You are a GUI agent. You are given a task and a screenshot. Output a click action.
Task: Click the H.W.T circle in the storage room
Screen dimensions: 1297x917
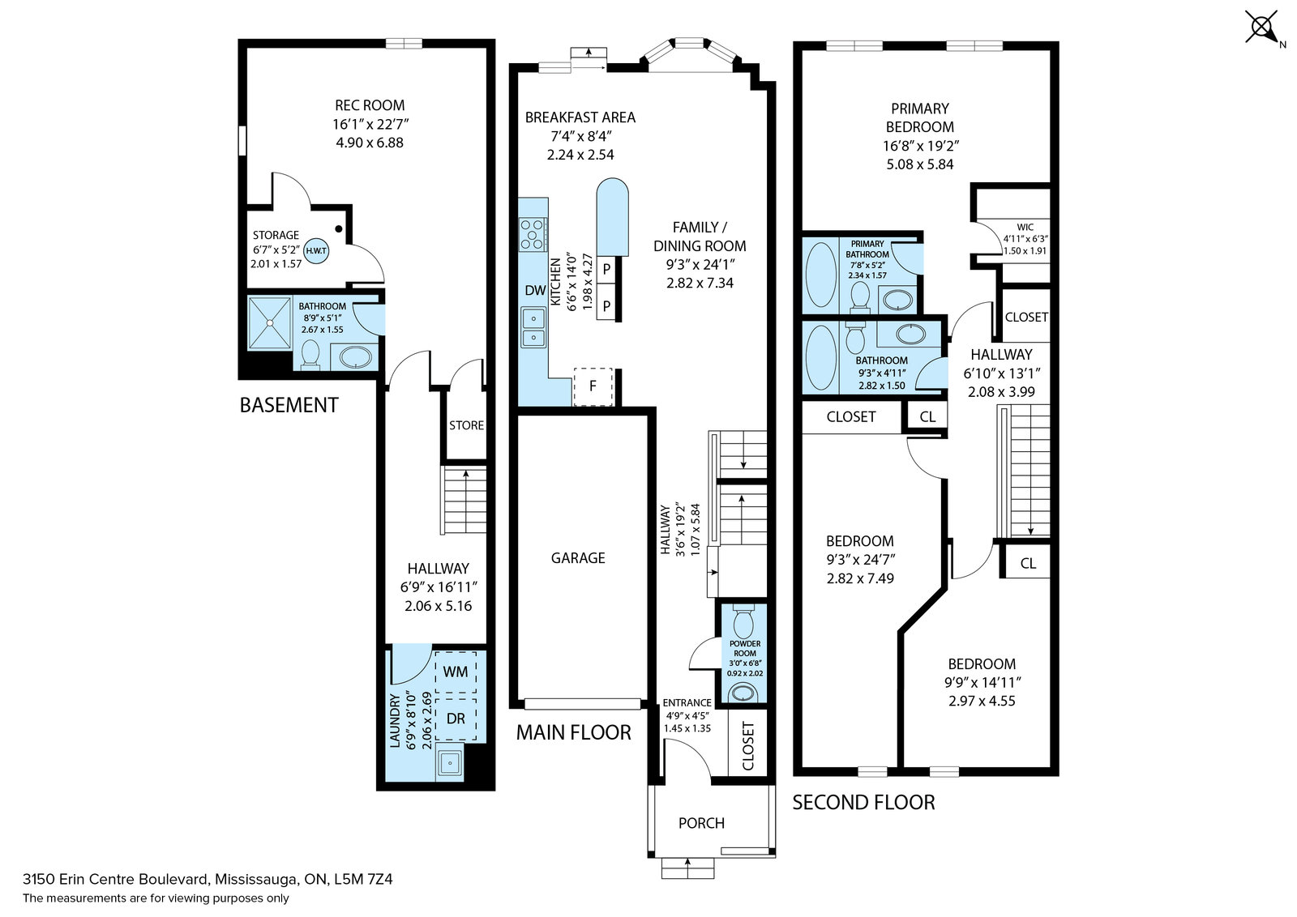click(x=316, y=251)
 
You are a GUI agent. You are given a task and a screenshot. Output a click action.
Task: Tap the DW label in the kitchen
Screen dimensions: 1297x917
click(x=535, y=291)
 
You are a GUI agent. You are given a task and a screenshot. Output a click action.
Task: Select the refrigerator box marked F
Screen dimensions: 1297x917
click(x=593, y=386)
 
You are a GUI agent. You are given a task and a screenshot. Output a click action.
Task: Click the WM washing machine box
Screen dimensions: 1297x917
click(x=456, y=672)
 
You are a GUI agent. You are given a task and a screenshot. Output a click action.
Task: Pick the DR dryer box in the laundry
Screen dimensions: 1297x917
click(x=456, y=719)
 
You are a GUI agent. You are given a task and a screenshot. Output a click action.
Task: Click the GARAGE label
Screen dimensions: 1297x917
click(x=578, y=557)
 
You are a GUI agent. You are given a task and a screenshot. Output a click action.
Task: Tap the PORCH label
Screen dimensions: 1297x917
click(x=701, y=823)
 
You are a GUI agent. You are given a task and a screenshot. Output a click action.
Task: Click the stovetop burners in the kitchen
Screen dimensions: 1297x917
click(x=533, y=234)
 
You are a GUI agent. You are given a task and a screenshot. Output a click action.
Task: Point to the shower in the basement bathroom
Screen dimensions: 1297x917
click(x=269, y=323)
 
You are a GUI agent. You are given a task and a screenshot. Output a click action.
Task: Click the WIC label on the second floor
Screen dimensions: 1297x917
click(x=1025, y=228)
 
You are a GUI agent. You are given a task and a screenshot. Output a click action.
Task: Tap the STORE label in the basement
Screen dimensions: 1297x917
click(x=466, y=425)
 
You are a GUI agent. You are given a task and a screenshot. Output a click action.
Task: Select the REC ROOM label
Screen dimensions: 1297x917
click(x=370, y=105)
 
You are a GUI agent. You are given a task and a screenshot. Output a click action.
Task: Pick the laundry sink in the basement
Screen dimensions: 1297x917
click(x=450, y=764)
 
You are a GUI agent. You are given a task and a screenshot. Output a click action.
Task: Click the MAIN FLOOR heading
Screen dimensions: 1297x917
click(x=573, y=732)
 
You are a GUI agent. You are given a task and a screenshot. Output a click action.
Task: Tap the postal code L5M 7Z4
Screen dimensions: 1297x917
click(x=364, y=880)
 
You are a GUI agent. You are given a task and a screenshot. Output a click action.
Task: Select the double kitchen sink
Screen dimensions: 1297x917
click(x=533, y=327)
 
